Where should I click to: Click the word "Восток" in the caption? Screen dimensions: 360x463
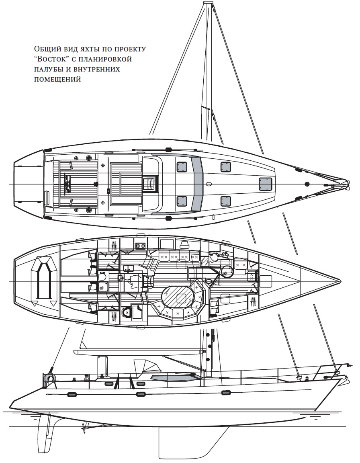point(52,59)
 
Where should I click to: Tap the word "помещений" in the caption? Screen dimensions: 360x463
point(57,79)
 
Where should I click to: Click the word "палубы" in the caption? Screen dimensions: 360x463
point(48,69)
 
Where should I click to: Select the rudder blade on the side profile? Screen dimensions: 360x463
point(47,432)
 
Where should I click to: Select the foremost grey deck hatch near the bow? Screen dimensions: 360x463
point(265,184)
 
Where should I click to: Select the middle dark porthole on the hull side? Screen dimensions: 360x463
point(141,393)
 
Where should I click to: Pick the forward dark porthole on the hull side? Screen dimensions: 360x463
point(226,392)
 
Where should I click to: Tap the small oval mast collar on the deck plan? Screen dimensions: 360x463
point(209,184)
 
